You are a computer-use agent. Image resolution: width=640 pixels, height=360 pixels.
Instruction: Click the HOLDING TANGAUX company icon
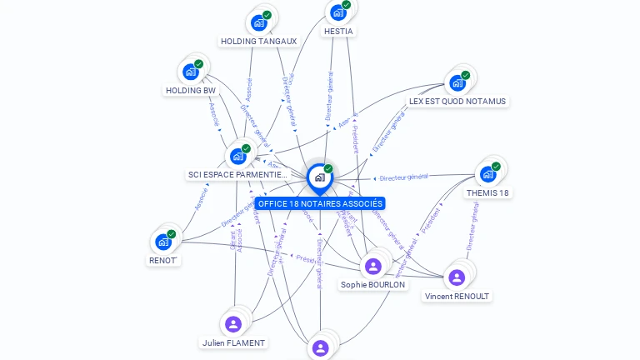pyautogui.click(x=260, y=22)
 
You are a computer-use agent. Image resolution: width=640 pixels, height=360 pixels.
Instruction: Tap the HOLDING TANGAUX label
pyautogui.click(x=258, y=41)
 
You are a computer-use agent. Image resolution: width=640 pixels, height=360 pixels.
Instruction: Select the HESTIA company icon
pyautogui.click(x=337, y=12)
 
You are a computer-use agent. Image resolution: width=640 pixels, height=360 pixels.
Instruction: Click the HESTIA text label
pyautogui.click(x=338, y=31)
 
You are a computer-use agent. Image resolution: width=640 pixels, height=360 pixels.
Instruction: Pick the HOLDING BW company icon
pyautogui.click(x=192, y=72)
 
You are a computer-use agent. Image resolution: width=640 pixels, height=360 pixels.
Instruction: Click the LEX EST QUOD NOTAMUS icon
pyautogui.click(x=457, y=82)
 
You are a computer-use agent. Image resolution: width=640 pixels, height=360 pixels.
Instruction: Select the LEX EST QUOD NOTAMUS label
pyautogui.click(x=457, y=101)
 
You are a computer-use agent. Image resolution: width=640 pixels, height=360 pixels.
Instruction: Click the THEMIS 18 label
pyautogui.click(x=488, y=192)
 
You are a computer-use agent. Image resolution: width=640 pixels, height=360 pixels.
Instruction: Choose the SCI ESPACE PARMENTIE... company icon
pyautogui.click(x=238, y=156)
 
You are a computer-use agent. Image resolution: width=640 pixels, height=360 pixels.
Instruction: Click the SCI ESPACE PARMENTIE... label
pyautogui.click(x=237, y=175)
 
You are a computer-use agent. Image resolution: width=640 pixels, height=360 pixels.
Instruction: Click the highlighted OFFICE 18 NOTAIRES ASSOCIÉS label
pyautogui.click(x=321, y=203)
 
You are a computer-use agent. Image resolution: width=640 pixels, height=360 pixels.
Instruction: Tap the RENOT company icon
pyautogui.click(x=163, y=242)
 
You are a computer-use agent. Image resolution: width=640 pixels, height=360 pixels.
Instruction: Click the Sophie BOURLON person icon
pyautogui.click(x=372, y=266)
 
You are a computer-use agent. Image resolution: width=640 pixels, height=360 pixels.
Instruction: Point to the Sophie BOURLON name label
pyautogui.click(x=373, y=284)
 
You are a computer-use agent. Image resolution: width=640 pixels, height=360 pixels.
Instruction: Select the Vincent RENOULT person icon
pyautogui.click(x=457, y=277)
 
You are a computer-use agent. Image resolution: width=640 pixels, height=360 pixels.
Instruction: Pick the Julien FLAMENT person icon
pyautogui.click(x=233, y=324)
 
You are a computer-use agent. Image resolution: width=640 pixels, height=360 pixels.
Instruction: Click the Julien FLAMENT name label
pyautogui.click(x=234, y=342)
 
